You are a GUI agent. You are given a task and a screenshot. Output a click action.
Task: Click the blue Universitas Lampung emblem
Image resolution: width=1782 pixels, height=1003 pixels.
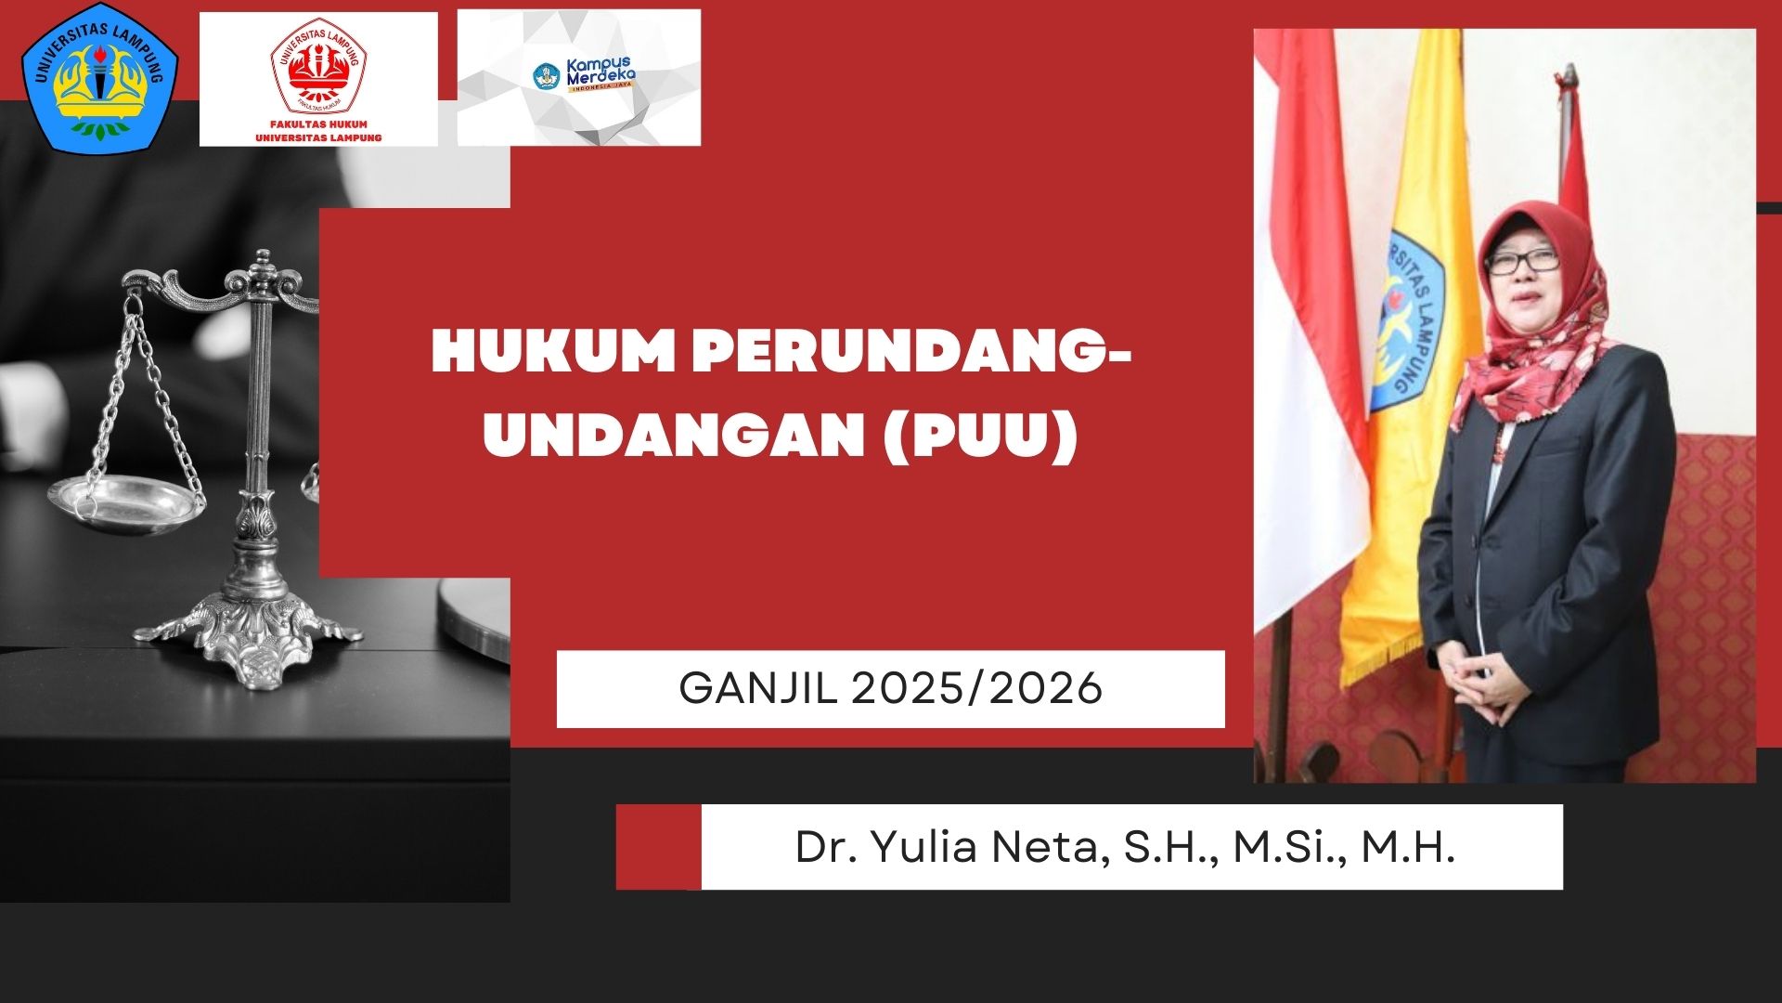[x=99, y=76]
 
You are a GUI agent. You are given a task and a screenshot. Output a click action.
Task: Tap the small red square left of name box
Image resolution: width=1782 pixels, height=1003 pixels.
[x=658, y=847]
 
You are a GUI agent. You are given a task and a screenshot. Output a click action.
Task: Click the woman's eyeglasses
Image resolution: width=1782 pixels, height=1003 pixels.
[x=1521, y=263]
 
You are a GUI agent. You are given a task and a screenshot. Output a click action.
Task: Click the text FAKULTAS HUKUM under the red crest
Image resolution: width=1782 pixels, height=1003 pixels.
[x=318, y=124]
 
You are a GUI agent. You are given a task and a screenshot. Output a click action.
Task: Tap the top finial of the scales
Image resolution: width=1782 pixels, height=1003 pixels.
[x=264, y=261]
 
